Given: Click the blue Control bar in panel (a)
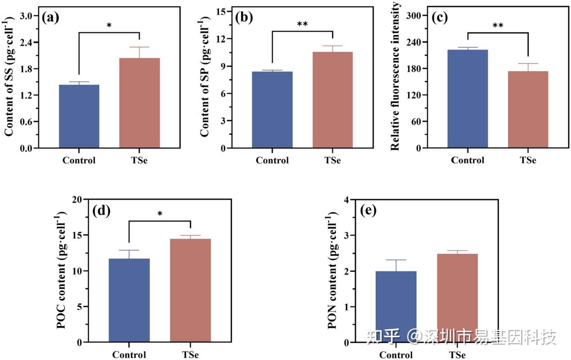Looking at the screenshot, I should [x=79, y=116].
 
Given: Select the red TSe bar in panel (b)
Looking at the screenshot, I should [x=333, y=100].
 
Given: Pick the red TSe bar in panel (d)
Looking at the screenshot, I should [x=190, y=290].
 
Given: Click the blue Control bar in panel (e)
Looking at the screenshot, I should [x=396, y=306].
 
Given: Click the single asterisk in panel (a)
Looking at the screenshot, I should [x=109, y=26].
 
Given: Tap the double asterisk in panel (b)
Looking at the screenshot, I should [x=302, y=24].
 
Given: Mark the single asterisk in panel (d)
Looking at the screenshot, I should [x=160, y=214].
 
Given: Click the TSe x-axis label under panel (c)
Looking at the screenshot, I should [x=528, y=160].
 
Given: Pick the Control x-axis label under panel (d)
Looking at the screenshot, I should [x=129, y=355].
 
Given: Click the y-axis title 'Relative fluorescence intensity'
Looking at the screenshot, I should [x=395, y=76].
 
